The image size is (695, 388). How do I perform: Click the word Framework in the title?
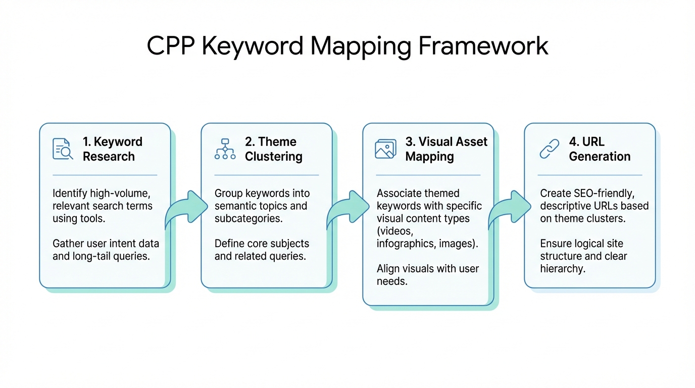[483, 46]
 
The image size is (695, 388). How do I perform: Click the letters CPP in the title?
[170, 46]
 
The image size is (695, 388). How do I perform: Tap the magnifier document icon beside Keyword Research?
[63, 149]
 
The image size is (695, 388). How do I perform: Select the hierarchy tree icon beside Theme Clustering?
[225, 149]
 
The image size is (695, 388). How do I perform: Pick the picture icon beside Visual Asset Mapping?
[385, 149]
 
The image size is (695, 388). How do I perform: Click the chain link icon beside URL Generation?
[550, 149]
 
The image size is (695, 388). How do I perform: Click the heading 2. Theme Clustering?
[273, 149]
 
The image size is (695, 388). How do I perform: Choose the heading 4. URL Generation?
[600, 149]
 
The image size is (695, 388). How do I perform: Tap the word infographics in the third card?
[408, 244]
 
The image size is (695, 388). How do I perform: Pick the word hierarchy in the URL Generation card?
[563, 269]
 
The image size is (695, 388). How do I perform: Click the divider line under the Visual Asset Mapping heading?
[428, 175]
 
